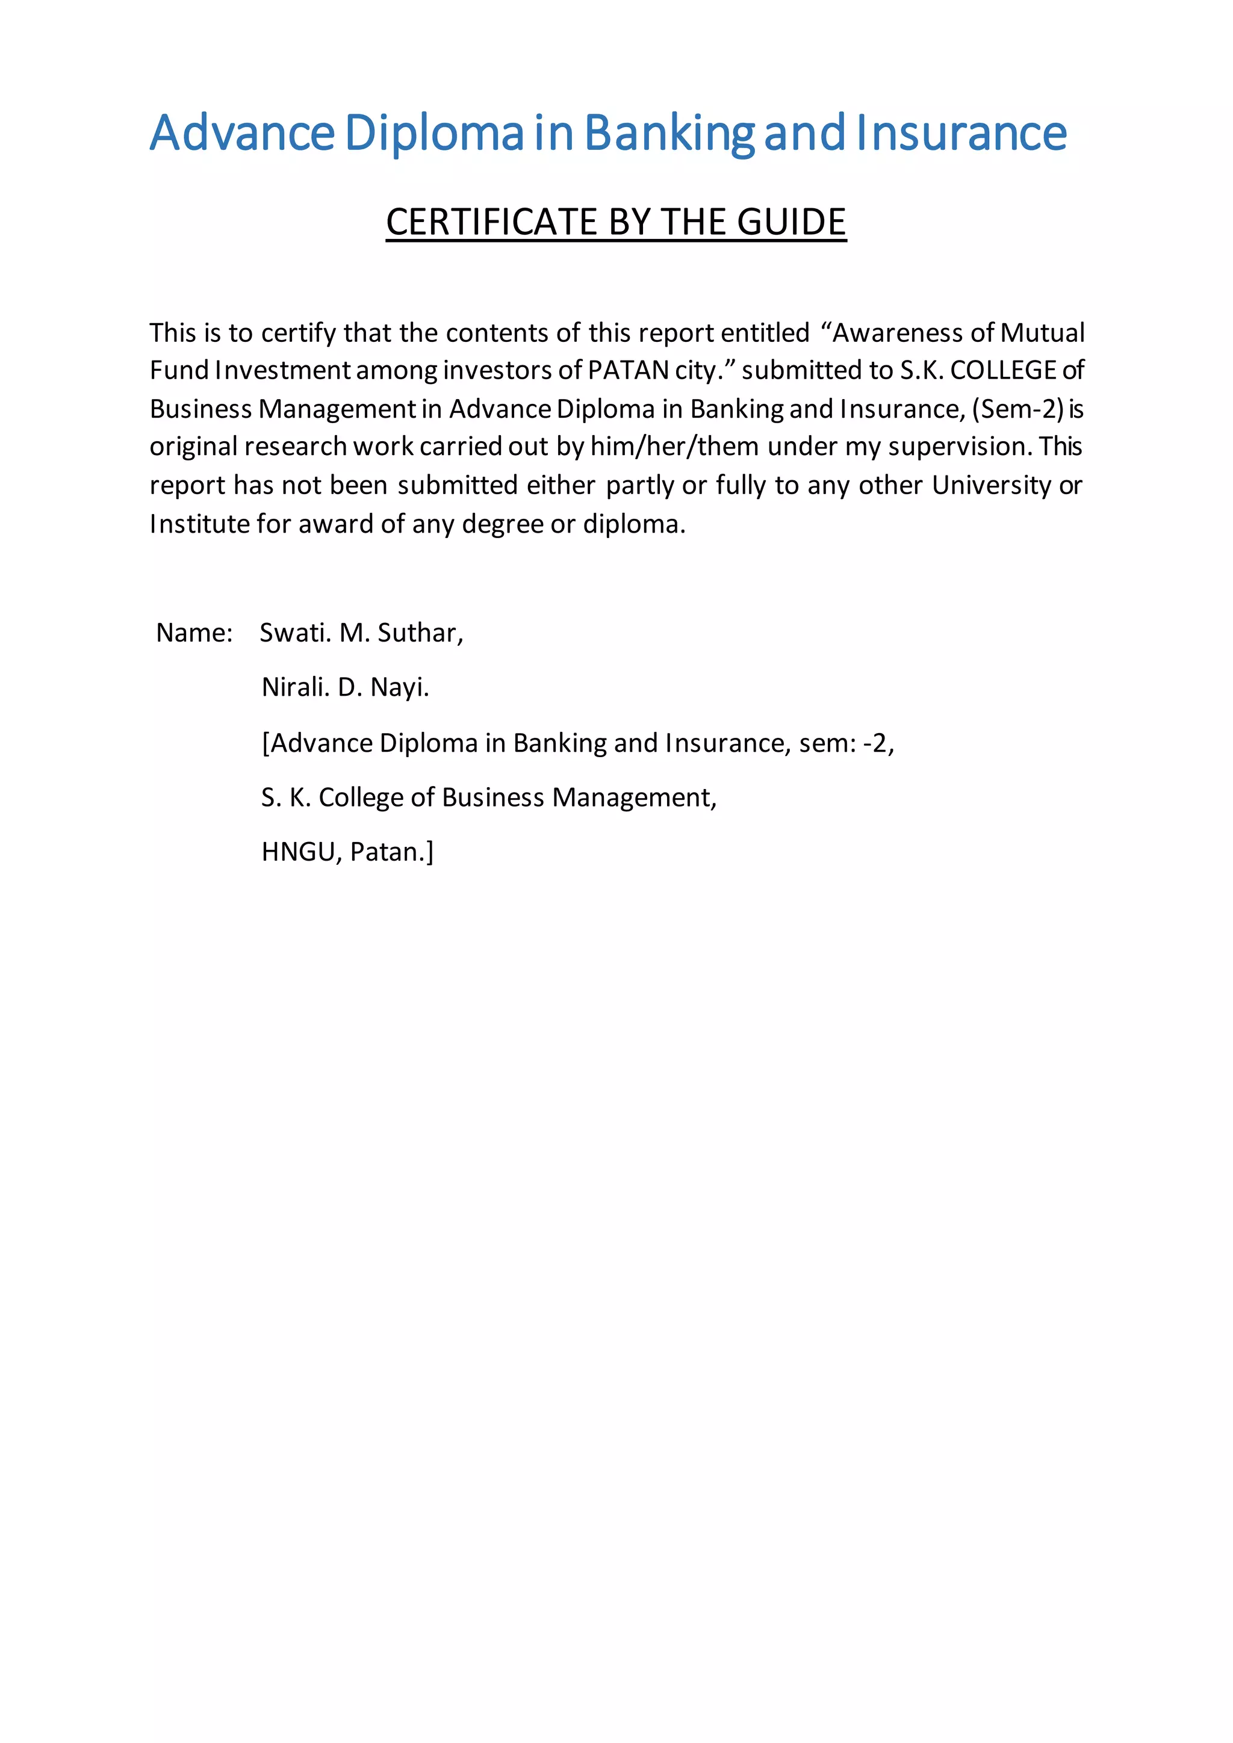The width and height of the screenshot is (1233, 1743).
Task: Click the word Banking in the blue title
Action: tap(669, 134)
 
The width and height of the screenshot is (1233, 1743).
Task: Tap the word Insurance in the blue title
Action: tap(961, 134)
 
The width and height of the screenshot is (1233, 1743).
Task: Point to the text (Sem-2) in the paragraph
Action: tap(1017, 409)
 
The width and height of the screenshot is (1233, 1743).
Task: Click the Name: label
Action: tap(194, 633)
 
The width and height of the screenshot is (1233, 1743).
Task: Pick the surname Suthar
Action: tap(420, 633)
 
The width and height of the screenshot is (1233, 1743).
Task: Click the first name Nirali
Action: tap(296, 687)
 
